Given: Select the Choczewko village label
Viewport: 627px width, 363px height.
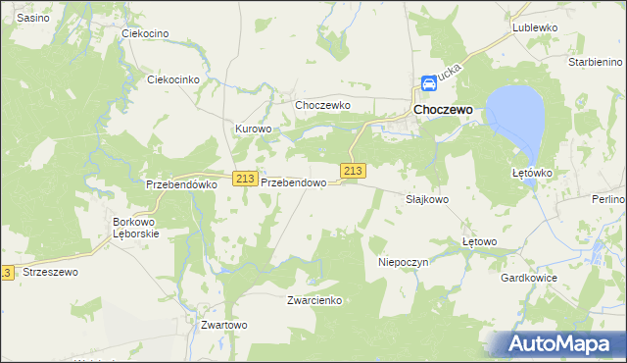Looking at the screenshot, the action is click(x=322, y=104).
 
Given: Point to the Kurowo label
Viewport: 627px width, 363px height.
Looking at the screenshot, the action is click(x=252, y=129).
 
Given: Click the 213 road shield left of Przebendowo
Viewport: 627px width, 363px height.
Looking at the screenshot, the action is click(x=245, y=179).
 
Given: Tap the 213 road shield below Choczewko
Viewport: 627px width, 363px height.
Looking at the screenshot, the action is click(x=353, y=170).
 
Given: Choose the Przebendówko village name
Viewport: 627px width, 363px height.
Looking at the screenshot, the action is click(x=179, y=183).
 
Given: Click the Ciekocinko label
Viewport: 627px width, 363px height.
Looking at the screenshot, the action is click(x=172, y=79).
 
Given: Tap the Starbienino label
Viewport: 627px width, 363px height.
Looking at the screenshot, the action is click(x=596, y=61).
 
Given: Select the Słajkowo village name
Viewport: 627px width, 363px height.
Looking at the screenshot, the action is click(x=427, y=198).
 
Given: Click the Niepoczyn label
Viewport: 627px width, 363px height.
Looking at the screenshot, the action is click(x=404, y=262).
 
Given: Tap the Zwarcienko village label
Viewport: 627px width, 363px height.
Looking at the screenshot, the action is click(x=314, y=300).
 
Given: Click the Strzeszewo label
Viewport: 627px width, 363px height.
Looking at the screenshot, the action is click(x=50, y=272).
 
